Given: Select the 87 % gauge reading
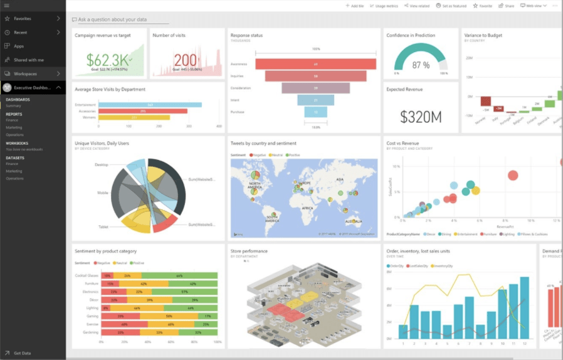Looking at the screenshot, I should click(421, 65).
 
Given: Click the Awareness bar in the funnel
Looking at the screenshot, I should click(315, 64).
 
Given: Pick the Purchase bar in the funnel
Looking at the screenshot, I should click(315, 112).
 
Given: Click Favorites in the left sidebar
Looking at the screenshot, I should click(23, 19).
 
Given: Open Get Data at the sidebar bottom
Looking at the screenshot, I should click(22, 353).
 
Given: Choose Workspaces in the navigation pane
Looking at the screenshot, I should click(25, 73).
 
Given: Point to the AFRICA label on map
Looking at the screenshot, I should click(307, 208).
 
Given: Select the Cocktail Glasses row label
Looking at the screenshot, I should click(86, 275).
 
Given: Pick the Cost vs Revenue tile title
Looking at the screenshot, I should click(403, 144).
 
